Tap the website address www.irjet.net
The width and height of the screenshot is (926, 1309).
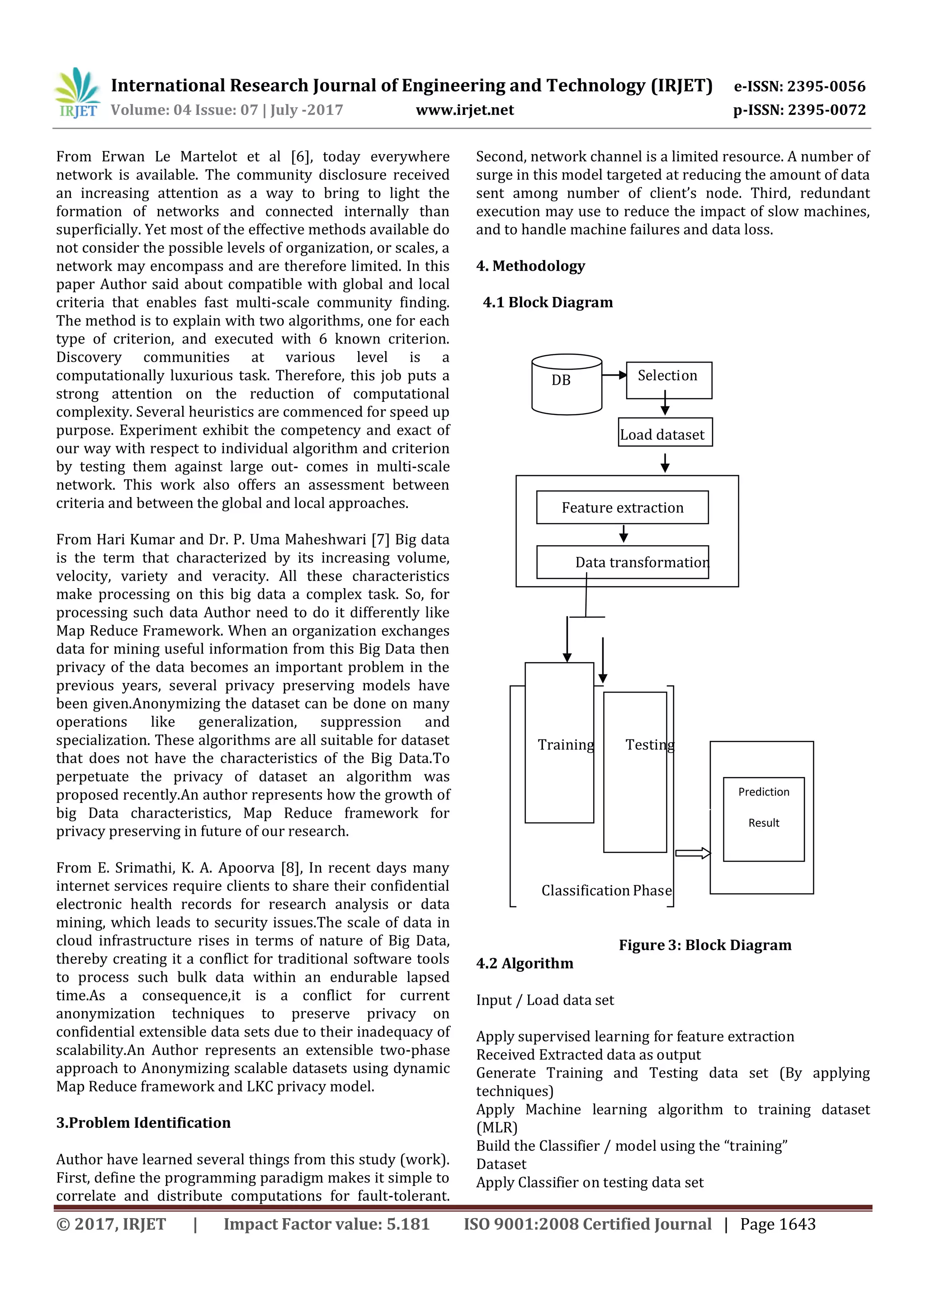pos(465,110)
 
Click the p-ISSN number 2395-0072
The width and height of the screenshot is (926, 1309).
pos(827,110)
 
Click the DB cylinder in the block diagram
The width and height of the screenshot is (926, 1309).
pos(566,384)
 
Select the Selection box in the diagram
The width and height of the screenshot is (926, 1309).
pos(669,380)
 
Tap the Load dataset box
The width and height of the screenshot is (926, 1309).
pos(665,435)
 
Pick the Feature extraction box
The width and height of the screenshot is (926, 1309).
pos(622,508)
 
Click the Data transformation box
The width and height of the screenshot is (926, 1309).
pos(622,562)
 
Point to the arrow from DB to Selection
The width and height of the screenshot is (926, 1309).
pos(614,375)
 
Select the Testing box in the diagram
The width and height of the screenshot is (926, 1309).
pos(635,772)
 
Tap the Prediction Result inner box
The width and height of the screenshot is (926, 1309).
pos(764,818)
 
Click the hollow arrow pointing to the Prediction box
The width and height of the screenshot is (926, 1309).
pos(693,853)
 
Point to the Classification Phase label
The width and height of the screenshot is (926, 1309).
pos(606,890)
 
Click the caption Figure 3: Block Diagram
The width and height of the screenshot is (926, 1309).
pos(705,945)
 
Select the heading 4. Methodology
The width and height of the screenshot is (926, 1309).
pos(530,266)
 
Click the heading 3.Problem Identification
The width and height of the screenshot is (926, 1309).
pos(143,1123)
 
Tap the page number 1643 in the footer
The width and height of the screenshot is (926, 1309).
pos(797,1224)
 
